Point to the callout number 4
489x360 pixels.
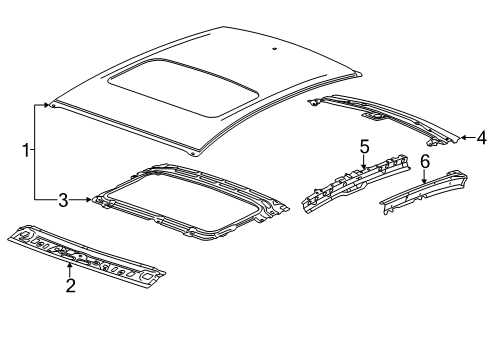pyautogui.click(x=481, y=138)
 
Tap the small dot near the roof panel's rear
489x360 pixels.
pyautogui.click(x=273, y=48)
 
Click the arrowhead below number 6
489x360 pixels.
pyautogui.click(x=424, y=178)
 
